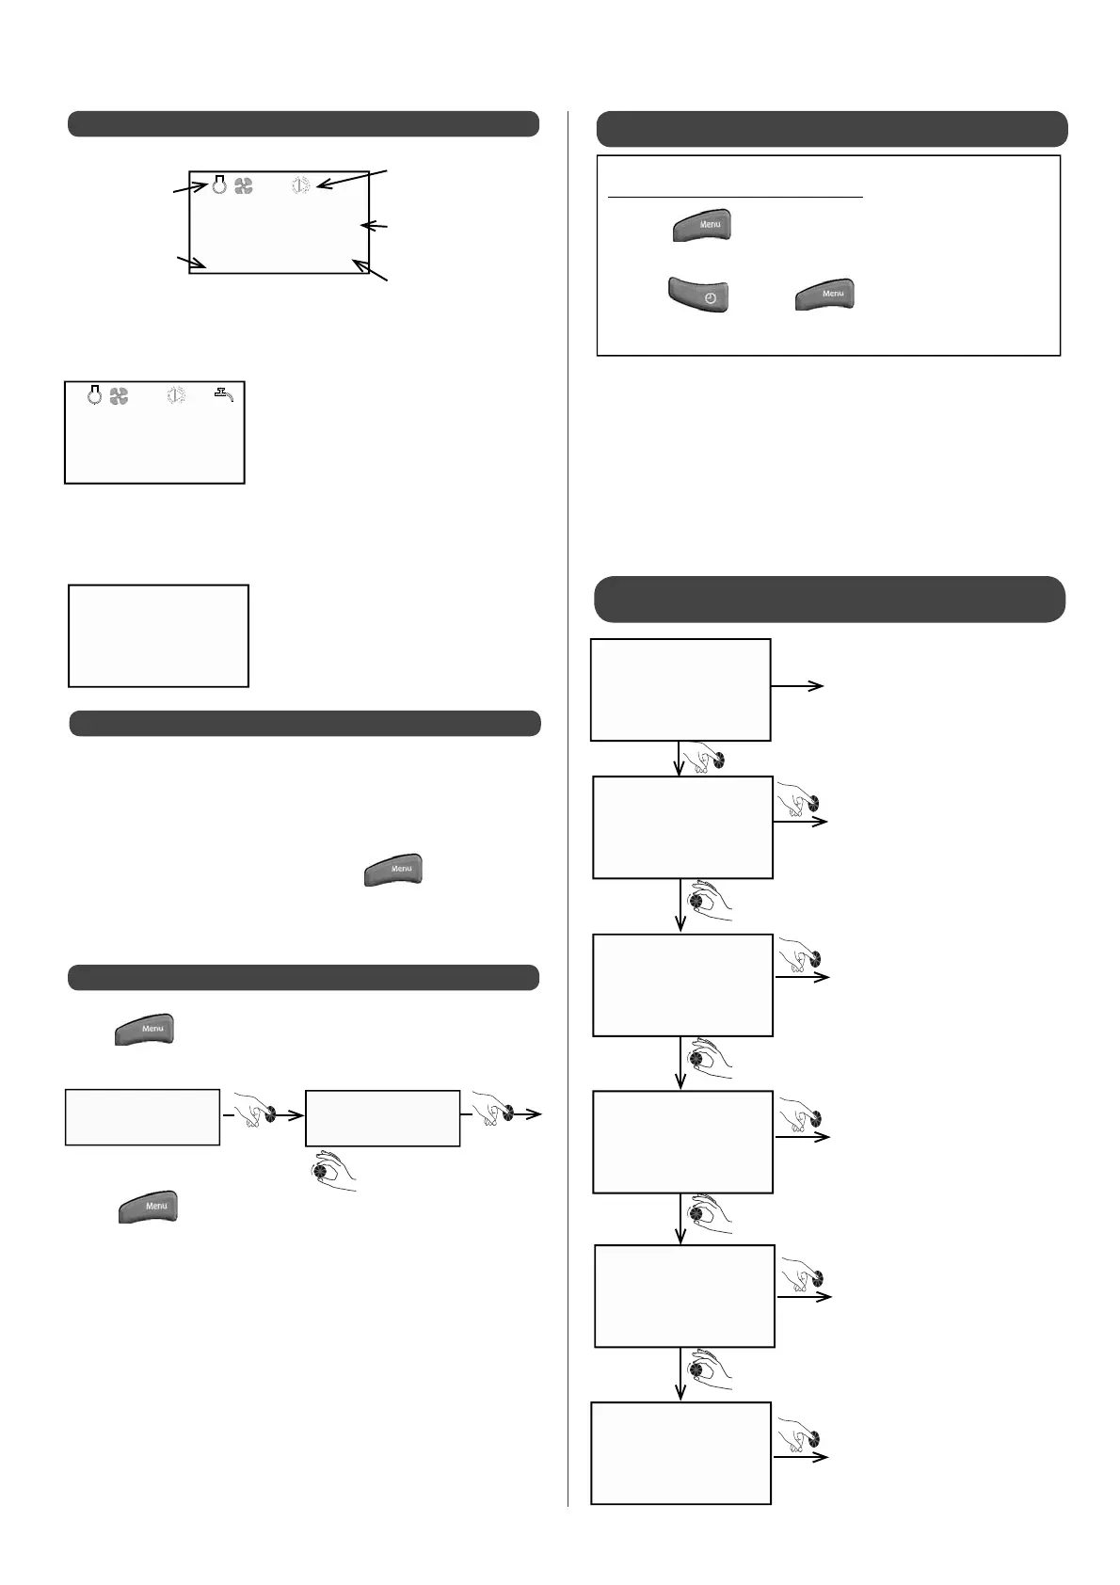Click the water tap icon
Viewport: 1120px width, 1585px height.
click(223, 395)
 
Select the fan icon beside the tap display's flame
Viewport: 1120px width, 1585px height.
click(119, 396)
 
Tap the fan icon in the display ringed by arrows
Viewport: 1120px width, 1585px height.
click(244, 186)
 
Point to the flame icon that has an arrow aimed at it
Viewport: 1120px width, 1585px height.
click(219, 184)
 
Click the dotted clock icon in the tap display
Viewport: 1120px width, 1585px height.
click(176, 396)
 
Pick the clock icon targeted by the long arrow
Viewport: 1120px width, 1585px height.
click(300, 185)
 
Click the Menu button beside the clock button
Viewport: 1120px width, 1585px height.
click(824, 295)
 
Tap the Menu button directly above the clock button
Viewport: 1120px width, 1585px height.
click(702, 226)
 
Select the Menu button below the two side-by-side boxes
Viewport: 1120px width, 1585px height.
click(149, 1207)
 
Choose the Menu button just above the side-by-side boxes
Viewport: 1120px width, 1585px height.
click(145, 1029)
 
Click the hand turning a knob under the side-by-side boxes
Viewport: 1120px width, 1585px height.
click(333, 1172)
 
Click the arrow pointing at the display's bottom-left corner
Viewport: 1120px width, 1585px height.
click(191, 262)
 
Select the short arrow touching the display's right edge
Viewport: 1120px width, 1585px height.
click(375, 225)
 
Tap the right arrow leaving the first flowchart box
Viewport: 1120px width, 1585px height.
click(797, 686)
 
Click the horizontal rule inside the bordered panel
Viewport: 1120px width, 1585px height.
click(735, 198)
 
